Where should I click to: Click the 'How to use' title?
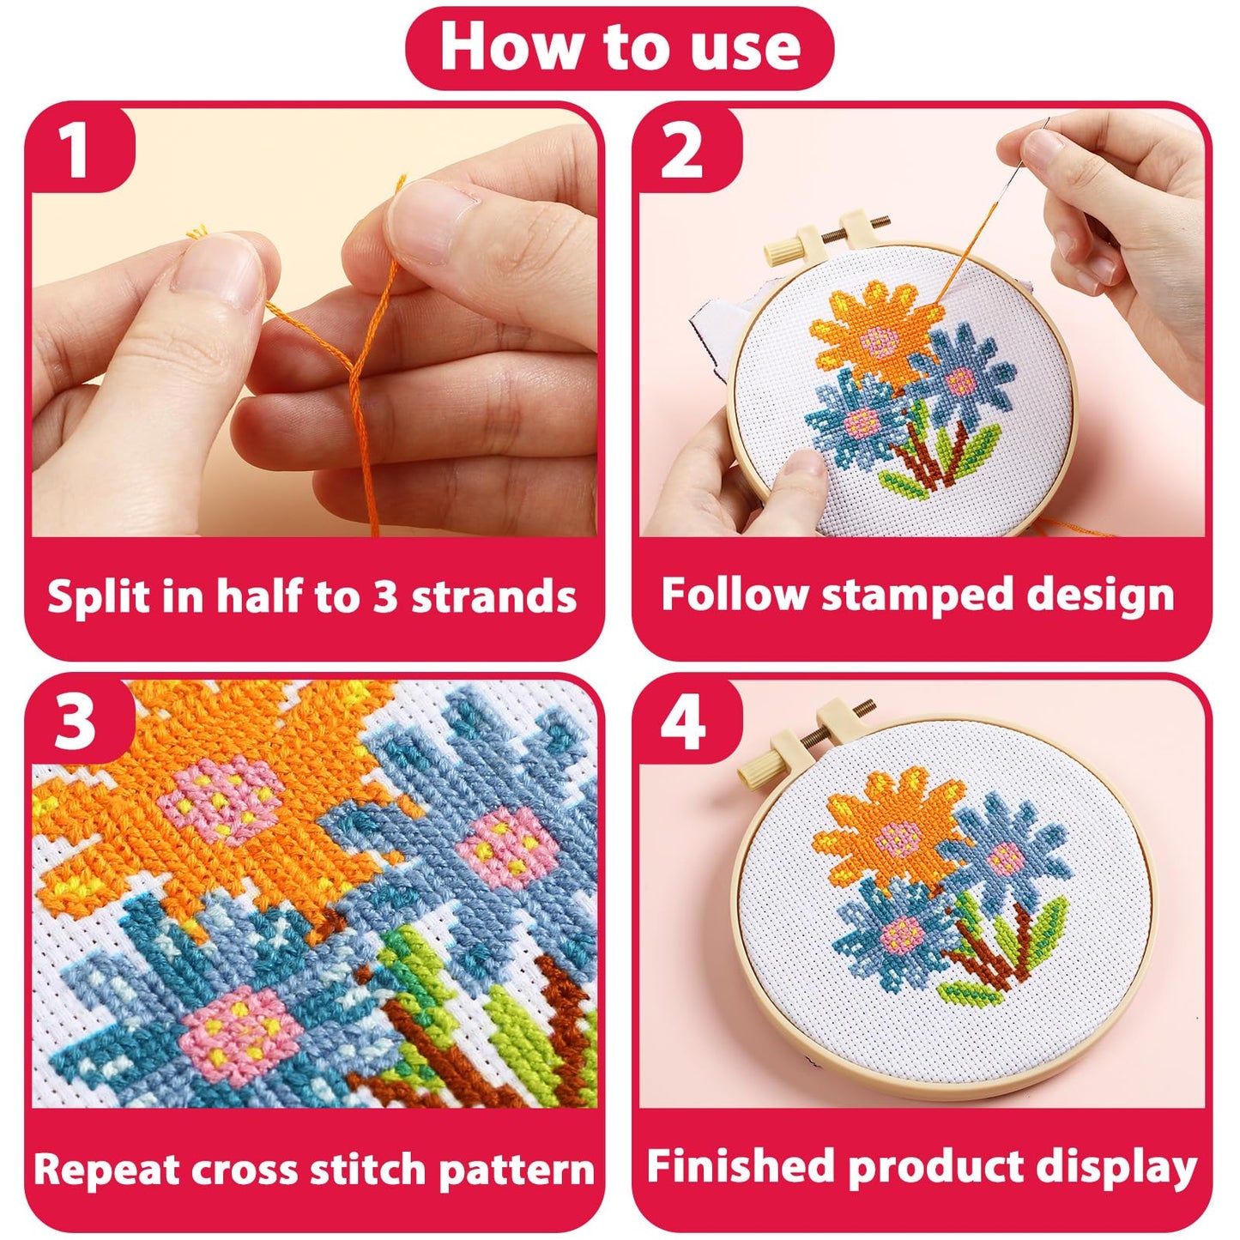(x=619, y=47)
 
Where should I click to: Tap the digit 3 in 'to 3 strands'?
(x=385, y=596)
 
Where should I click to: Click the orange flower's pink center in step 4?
(x=899, y=833)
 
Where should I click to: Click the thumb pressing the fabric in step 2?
(x=794, y=476)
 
